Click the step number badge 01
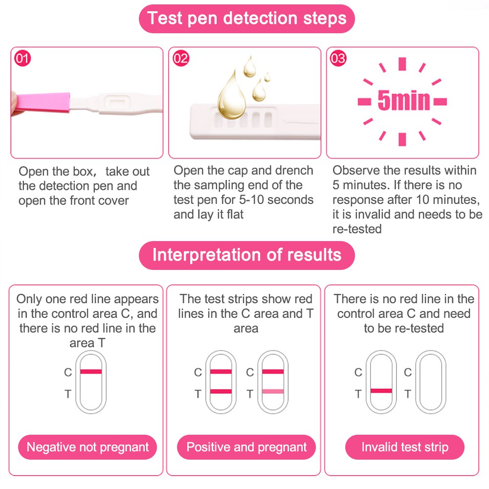point(22,58)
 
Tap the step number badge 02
point(181,58)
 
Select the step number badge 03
point(338,58)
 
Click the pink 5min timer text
point(403,100)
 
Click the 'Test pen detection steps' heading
point(246,19)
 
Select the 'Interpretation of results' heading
point(246,255)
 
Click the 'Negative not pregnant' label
point(88,447)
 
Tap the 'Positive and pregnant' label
point(246,447)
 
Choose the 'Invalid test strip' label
point(405,447)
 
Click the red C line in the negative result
point(91,372)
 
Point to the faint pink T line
point(273,391)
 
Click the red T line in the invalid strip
point(381,391)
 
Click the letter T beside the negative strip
point(67,394)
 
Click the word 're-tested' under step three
point(357,229)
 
